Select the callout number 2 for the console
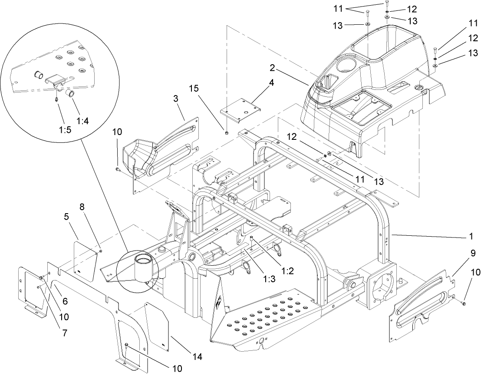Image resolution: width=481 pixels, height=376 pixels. [273, 69]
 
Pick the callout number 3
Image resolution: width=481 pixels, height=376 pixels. [175, 99]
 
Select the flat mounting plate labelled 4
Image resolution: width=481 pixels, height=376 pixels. [241, 110]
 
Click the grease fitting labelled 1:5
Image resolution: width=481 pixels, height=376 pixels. [57, 99]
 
